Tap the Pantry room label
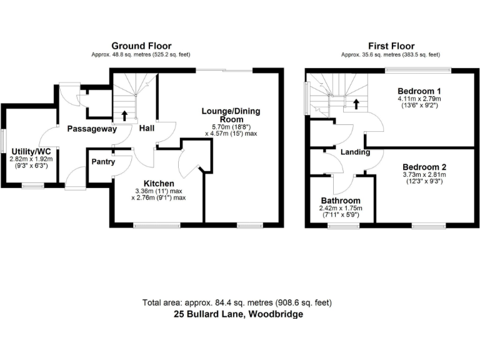pos(102,161)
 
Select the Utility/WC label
pos(31,152)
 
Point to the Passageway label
pos(92,129)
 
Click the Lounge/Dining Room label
pos(231,116)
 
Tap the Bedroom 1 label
pos(418,91)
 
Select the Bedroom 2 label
pos(424,167)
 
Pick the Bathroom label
pos(340,201)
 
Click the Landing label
pos(355,152)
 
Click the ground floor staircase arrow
pos(124,115)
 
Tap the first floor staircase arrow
pos(356,104)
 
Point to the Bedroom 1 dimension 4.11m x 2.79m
pos(418,99)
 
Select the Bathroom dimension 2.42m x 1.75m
pos(340,209)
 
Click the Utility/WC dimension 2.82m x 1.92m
pos(31,160)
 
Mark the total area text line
pos(237,302)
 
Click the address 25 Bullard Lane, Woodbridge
pos(237,314)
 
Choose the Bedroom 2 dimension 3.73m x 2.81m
pos(424,176)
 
